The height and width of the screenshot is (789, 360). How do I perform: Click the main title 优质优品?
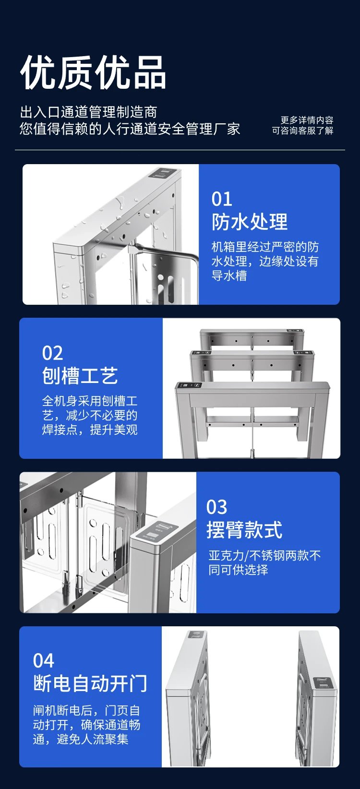coord(93,72)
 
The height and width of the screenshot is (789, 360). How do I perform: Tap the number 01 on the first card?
coord(222,199)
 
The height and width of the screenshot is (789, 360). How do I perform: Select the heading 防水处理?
coord(250,222)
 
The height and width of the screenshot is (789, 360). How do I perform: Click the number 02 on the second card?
coord(52,353)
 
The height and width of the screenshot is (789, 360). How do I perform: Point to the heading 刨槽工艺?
coord(80,375)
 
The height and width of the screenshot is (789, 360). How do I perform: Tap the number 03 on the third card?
coord(216,507)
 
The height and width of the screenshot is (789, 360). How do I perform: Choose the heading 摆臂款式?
coord(244,530)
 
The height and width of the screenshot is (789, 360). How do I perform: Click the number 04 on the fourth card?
coord(43,661)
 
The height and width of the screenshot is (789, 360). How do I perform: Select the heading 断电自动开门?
coord(90,684)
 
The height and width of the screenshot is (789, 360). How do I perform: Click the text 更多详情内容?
coord(307,120)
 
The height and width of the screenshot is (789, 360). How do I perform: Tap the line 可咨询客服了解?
coord(302,131)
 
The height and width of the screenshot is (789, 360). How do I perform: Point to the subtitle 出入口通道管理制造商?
coord(88,112)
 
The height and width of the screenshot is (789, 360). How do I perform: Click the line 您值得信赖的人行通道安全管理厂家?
coord(130,129)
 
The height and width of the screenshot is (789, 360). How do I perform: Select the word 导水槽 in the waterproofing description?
coord(229,275)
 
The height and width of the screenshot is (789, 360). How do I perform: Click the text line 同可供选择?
coord(238,570)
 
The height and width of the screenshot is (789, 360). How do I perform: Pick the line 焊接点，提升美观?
coord(90,430)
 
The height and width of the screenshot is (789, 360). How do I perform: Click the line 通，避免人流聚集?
coord(81,739)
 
